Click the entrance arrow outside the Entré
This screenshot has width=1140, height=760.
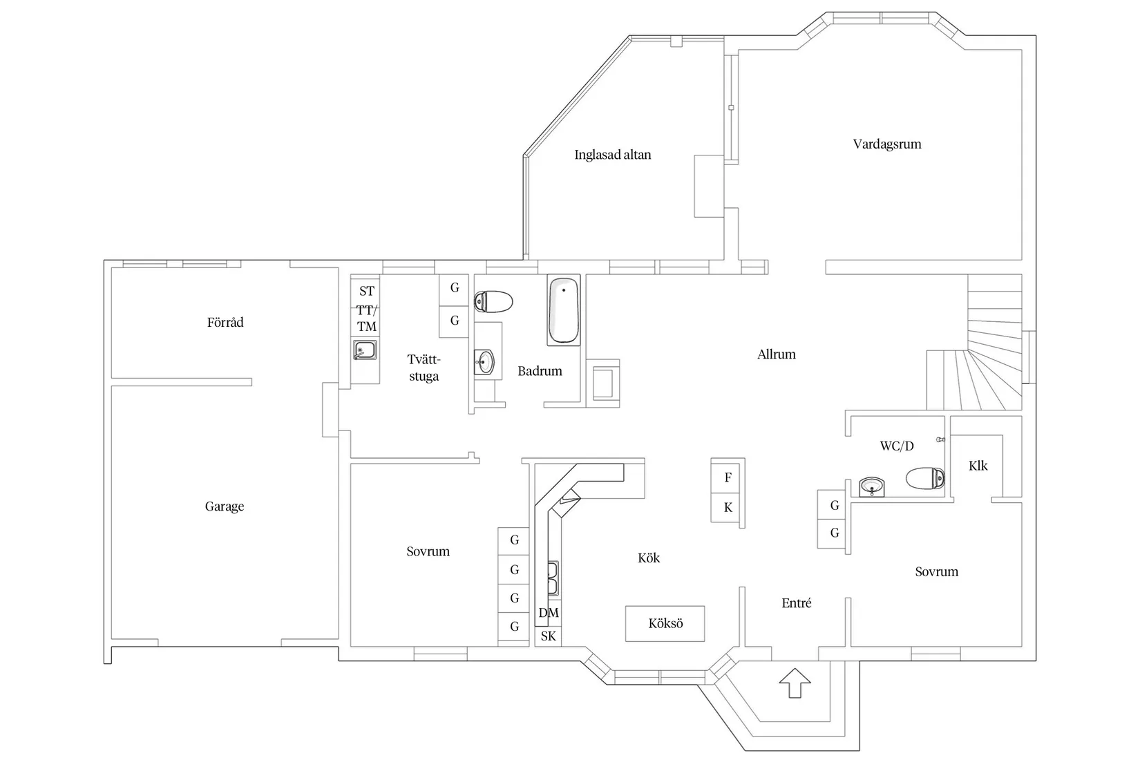[x=795, y=683]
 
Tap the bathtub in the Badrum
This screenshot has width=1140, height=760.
[x=564, y=310]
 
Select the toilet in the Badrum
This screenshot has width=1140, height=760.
[x=493, y=302]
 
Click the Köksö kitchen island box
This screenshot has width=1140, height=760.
[x=665, y=623]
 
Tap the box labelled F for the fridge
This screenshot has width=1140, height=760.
[x=728, y=477]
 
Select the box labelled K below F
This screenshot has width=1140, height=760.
[x=728, y=507]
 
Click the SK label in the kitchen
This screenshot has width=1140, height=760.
[x=548, y=636]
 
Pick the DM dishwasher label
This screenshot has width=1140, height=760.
[x=548, y=613]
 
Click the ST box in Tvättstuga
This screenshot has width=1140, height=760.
[x=366, y=291]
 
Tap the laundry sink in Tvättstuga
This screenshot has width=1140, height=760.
[x=364, y=350]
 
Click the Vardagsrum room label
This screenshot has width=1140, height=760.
[x=887, y=144]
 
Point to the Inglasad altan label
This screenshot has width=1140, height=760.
[x=612, y=155]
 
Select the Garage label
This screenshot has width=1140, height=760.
[x=225, y=506]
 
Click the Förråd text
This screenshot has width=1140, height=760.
[x=225, y=322]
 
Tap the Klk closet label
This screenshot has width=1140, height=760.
[x=978, y=466]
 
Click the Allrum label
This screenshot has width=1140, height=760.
[x=776, y=354]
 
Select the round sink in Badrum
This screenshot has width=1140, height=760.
[x=484, y=361]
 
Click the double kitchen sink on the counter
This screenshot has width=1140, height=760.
[x=553, y=578]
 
